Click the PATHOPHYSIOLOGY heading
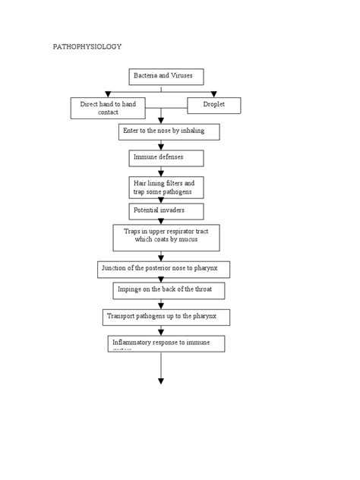tap(87, 47)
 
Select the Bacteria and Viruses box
tap(161, 77)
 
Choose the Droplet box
tap(213, 105)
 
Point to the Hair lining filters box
tap(166, 188)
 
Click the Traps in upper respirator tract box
tap(166, 236)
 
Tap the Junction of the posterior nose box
tap(164, 269)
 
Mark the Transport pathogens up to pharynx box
tap(166, 316)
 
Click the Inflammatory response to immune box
tap(166, 343)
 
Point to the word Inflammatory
tap(133, 343)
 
